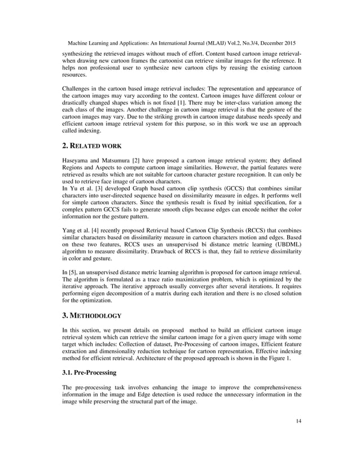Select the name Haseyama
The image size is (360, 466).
coord(77,160)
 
